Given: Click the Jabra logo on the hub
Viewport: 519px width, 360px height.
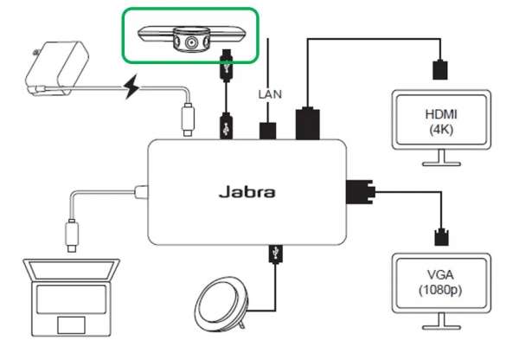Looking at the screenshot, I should tap(247, 191).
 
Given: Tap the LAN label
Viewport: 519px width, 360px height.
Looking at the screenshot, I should tap(267, 92).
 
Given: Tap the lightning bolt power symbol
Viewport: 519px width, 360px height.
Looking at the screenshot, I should tap(133, 87).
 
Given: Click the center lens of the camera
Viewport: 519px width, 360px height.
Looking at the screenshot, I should tap(189, 41).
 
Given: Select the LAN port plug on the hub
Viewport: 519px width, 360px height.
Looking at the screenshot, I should tap(268, 131).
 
